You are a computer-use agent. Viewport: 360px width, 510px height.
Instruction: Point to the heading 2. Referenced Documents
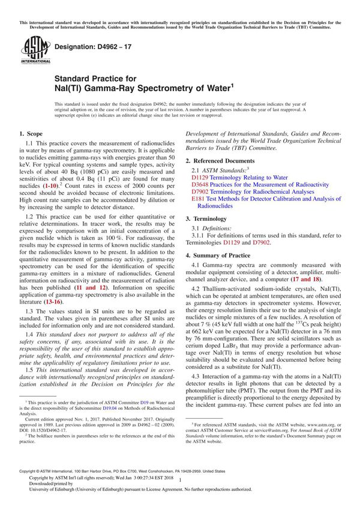coord(220,161)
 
